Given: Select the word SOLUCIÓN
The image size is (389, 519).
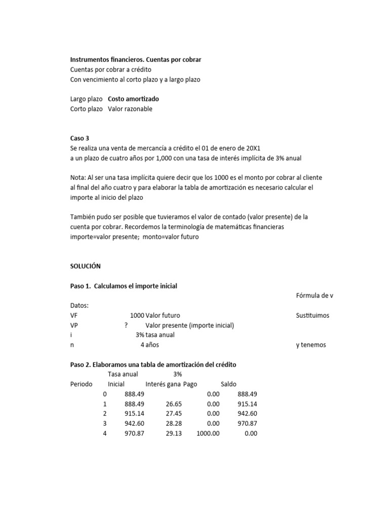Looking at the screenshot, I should coord(86,266).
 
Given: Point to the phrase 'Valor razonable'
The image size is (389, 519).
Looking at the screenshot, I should coord(130,109).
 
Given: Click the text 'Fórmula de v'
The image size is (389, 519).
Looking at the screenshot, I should coord(314,295).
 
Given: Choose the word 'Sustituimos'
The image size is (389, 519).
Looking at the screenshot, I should coord(313,315).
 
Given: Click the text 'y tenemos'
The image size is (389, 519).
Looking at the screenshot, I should coord(311,345).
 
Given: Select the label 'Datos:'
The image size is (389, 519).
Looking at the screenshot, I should coord(79,306).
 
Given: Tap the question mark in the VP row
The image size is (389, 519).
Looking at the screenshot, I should coord(126,325).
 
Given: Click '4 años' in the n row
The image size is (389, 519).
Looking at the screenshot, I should coord(150,345).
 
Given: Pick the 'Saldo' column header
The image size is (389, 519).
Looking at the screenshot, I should coord(228,384).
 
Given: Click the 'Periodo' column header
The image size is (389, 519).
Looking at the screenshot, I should coord(81,384).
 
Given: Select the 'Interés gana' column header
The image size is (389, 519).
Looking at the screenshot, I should coord(163,384).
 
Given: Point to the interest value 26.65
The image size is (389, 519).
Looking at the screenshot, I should coord(173,404).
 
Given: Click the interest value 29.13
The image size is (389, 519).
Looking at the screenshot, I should coord(173,434).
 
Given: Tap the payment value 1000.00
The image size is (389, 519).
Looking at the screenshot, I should coord(208,434).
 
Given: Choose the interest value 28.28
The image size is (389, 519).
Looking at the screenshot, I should coord(173,424).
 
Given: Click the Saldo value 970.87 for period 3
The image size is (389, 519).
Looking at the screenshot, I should coord(247,424).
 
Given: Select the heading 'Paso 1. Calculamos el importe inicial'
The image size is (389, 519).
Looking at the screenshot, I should coord(124,286).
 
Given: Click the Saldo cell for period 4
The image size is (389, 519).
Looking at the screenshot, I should coord(250,434).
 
